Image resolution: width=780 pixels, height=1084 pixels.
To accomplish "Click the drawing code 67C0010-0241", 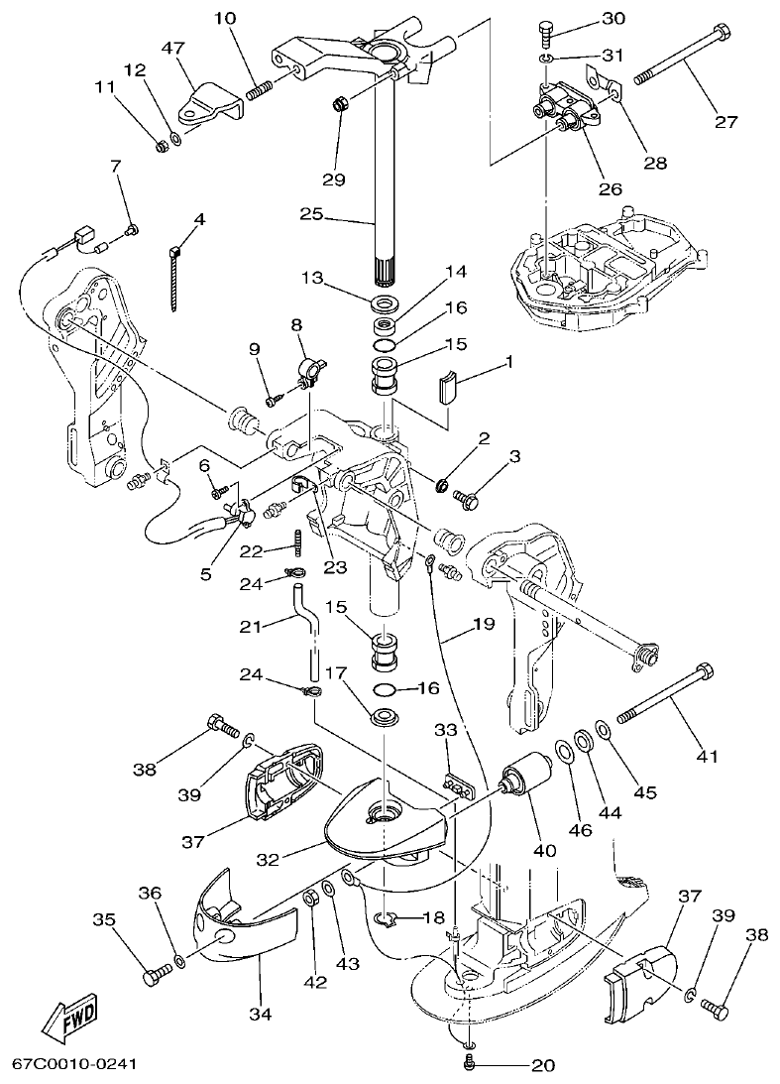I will click(73, 1065).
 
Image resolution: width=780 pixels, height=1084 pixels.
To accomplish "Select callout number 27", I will click(726, 122).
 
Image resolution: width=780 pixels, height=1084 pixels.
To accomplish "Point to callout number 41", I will click(706, 757).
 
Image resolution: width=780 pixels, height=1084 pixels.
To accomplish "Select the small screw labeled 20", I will click(471, 1063).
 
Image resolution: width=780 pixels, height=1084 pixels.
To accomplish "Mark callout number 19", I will click(483, 625).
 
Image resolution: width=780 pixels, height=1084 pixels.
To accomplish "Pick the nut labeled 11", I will click(160, 146).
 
